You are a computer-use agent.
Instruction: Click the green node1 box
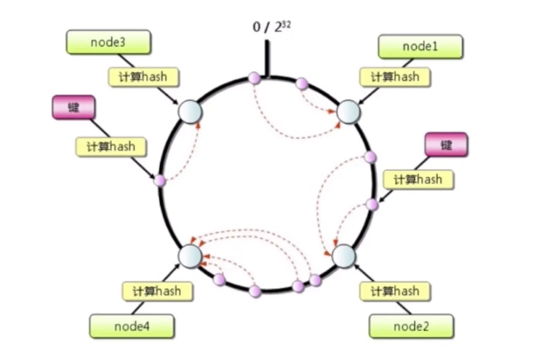pyautogui.click(x=421, y=47)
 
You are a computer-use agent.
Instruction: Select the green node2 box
pyautogui.click(x=411, y=326)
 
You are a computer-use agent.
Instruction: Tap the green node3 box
pyautogui.click(x=109, y=42)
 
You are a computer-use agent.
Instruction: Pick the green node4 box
pyautogui.click(x=132, y=326)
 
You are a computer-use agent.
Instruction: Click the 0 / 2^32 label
pyautogui.click(x=272, y=27)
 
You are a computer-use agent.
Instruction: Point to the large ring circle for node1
pyautogui.click(x=349, y=112)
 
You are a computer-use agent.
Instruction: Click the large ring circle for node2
pyautogui.click(x=344, y=256)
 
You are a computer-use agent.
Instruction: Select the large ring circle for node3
pyautogui.click(x=190, y=112)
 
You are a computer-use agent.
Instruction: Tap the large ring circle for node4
pyautogui.click(x=190, y=256)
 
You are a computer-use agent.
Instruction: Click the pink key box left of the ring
pyautogui.click(x=74, y=107)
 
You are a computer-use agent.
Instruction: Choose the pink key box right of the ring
pyautogui.click(x=446, y=145)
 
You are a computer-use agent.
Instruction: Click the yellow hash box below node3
pyautogui.click(x=144, y=77)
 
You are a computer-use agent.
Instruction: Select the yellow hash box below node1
pyautogui.click(x=395, y=77)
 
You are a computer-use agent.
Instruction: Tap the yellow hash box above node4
pyautogui.click(x=158, y=291)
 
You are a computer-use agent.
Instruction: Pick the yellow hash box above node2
pyautogui.click(x=395, y=291)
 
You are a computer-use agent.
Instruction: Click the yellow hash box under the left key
pyautogui.click(x=111, y=147)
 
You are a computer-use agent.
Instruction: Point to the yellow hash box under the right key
pyautogui.click(x=419, y=180)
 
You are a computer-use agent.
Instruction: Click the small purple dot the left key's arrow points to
pyautogui.click(x=159, y=180)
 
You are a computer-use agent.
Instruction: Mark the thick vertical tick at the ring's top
pyautogui.click(x=267, y=58)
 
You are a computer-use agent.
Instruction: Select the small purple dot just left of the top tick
pyautogui.click(x=254, y=78)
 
